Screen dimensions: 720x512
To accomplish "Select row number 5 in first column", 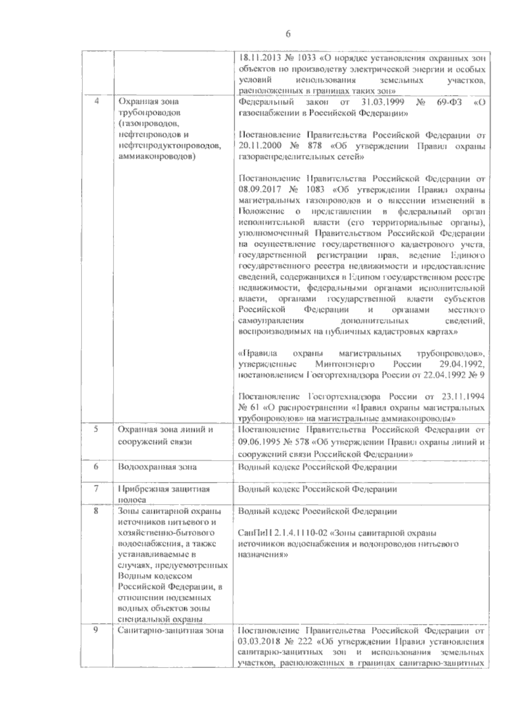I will (x=96, y=429).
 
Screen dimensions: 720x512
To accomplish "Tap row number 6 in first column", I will (x=96, y=466).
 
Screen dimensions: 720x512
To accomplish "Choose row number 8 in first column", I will (x=96, y=511).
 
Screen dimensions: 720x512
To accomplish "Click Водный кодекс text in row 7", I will (x=269, y=489).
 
